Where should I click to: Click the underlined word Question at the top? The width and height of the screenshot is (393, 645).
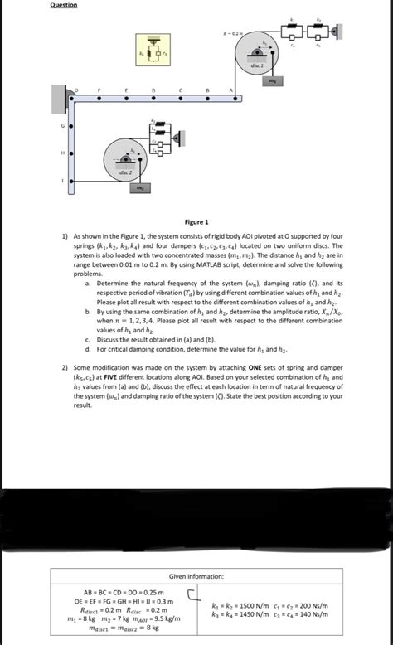tap(64, 5)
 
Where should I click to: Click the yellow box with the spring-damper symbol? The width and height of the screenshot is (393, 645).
tap(153, 49)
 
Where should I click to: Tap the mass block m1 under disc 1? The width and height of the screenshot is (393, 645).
tap(271, 81)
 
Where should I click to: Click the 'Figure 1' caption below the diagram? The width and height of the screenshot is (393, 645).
tap(196, 222)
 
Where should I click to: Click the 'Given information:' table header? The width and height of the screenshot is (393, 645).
tap(196, 575)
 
